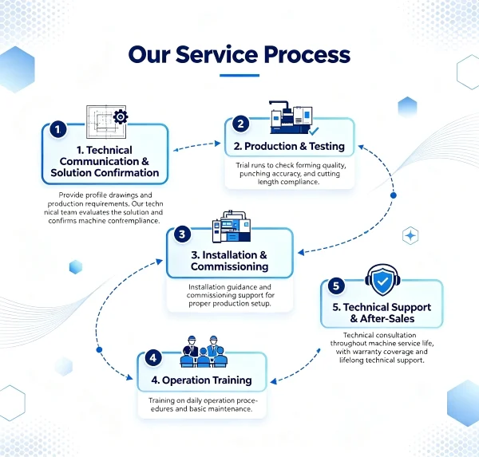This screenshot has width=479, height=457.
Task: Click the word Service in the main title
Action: tap(216, 54)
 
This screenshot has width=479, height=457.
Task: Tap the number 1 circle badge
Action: tap(57, 129)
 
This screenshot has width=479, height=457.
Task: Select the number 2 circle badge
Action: tap(240, 124)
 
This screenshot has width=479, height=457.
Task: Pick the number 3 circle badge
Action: tap(182, 234)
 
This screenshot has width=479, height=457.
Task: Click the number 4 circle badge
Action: tap(153, 358)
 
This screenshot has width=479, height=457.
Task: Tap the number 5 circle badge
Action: tap(336, 286)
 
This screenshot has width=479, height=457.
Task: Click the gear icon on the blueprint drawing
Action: tap(121, 116)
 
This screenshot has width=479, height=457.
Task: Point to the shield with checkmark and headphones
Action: tap(382, 280)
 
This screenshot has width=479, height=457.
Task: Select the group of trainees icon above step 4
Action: tap(204, 352)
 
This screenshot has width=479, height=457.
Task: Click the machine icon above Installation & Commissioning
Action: tap(232, 227)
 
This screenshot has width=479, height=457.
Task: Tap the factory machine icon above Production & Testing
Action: tap(291, 117)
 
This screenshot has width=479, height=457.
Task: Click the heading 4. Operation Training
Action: tap(202, 380)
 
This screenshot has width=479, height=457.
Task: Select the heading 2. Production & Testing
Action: tap(289, 146)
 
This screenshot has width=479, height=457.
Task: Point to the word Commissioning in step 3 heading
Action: tap(230, 266)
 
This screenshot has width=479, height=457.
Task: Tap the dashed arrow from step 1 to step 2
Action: tap(197, 146)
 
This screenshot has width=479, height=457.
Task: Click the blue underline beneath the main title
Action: tap(239, 76)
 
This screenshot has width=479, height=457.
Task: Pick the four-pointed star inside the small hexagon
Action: tap(410, 235)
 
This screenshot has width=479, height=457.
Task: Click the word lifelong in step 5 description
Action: tap(351, 360)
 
